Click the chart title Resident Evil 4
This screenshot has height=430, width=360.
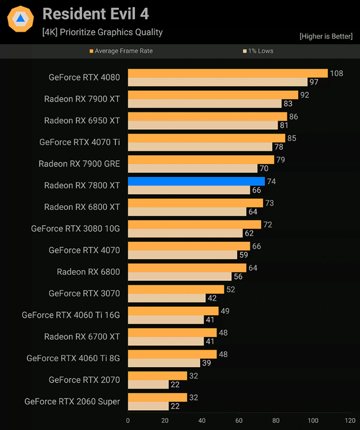(96, 14)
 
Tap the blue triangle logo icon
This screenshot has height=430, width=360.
(20, 20)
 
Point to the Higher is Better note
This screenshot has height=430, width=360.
(326, 37)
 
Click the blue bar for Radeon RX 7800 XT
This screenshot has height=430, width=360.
(196, 181)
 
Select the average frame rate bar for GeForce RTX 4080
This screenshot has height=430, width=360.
(228, 73)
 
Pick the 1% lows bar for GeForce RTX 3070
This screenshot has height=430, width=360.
(166, 298)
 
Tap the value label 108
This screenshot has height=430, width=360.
(336, 73)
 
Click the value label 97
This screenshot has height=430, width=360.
(314, 82)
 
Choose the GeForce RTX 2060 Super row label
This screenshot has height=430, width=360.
(72, 401)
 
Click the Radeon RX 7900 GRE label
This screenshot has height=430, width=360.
(79, 164)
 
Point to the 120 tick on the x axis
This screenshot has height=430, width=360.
(350, 420)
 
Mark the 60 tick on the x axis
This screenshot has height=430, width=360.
(239, 420)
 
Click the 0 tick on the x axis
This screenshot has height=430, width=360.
(128, 420)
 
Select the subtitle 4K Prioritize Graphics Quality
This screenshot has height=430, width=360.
(102, 32)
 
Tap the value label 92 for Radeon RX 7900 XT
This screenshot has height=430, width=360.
(305, 95)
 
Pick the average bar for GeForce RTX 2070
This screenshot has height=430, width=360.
(157, 375)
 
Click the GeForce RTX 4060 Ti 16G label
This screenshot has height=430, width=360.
(71, 315)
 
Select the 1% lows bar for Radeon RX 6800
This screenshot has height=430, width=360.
(180, 276)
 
